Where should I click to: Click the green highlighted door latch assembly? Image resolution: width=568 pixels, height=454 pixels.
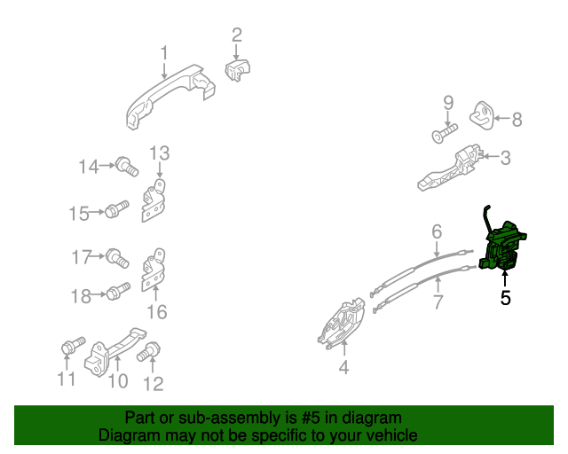(503, 247)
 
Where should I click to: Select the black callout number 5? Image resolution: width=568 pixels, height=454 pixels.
(505, 298)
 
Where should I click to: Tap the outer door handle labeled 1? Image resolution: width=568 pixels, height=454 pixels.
(170, 96)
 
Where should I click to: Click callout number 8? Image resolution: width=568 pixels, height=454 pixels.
(517, 119)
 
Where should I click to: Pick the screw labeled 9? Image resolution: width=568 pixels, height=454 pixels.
(446, 133)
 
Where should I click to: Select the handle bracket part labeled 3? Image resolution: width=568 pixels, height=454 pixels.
(451, 168)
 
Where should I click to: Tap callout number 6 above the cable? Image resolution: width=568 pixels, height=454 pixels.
(437, 231)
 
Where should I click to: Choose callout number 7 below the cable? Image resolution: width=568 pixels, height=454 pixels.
(438, 301)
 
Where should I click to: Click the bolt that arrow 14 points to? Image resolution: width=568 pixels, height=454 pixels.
(127, 167)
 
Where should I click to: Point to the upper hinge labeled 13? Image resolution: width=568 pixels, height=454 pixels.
(154, 200)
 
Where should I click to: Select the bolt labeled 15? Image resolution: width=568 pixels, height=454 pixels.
(117, 209)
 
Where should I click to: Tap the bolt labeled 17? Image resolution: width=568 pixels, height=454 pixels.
(117, 258)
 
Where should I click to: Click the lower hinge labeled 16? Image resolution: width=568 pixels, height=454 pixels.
(154, 270)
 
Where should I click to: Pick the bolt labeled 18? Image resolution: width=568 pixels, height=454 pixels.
(118, 291)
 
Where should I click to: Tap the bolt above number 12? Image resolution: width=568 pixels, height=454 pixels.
(148, 351)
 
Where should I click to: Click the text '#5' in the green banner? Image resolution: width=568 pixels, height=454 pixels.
(311, 419)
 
